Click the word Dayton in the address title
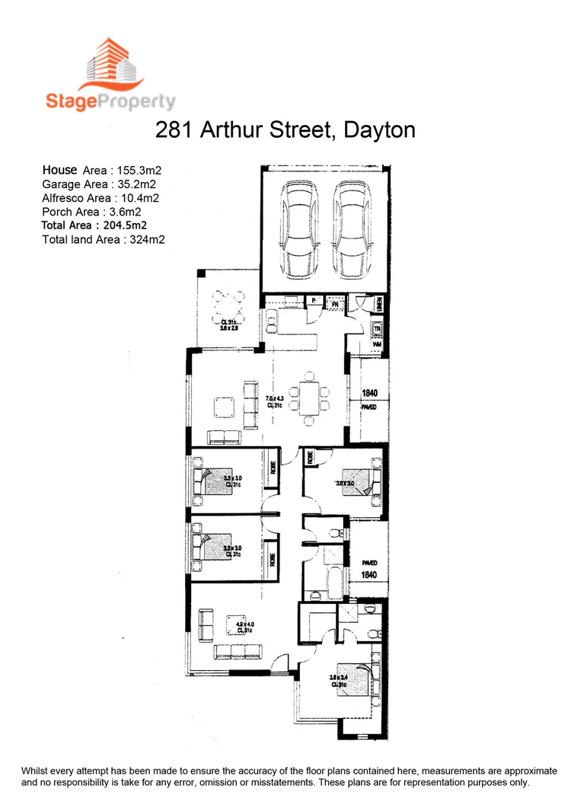pos(379,129)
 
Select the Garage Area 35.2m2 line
pos(99,184)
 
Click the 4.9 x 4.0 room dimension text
pos(244,628)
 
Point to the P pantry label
pos(313,302)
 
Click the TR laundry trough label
pos(377,329)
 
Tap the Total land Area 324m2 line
pos(104,239)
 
